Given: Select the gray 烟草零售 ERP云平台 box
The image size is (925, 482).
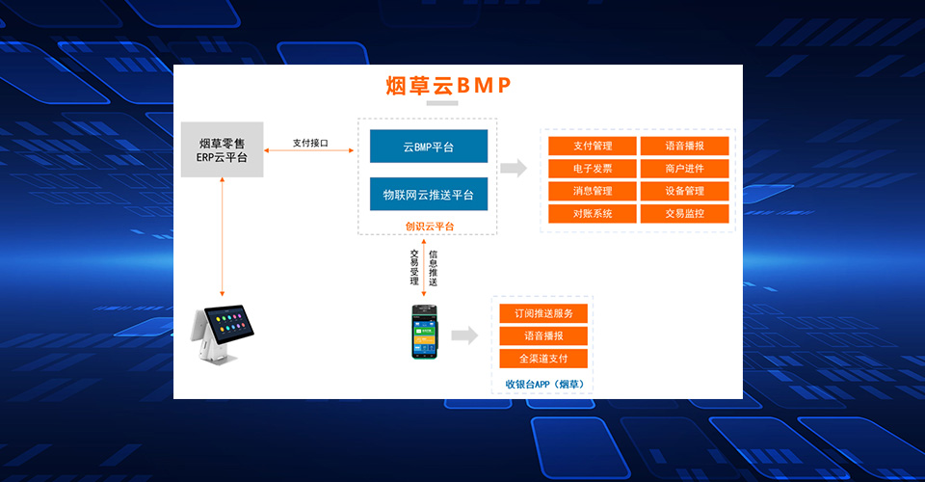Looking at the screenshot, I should (x=222, y=149).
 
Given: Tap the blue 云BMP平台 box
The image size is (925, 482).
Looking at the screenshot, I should (x=429, y=147).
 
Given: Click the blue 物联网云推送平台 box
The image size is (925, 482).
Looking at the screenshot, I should (x=429, y=195).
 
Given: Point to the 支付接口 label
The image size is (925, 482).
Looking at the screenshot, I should (x=310, y=143).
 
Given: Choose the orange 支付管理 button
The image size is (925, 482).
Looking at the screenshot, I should (x=593, y=147).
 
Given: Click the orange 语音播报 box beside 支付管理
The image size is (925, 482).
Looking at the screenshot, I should (x=684, y=147).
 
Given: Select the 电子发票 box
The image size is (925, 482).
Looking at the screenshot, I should (x=593, y=169).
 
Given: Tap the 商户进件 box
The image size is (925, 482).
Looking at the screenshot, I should (x=684, y=169).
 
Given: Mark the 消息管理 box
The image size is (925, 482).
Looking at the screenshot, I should (x=593, y=191).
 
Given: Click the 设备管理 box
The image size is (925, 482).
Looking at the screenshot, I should (x=684, y=191).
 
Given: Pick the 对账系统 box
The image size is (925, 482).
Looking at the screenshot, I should (x=593, y=213).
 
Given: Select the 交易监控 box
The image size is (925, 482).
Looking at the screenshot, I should (x=684, y=213).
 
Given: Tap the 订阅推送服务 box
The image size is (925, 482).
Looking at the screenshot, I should (x=542, y=313).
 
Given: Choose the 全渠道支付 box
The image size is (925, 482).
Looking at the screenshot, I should (x=542, y=359).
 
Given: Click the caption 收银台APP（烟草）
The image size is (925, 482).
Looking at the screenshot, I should (x=543, y=384).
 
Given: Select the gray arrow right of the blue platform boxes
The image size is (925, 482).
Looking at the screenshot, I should (x=514, y=168).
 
